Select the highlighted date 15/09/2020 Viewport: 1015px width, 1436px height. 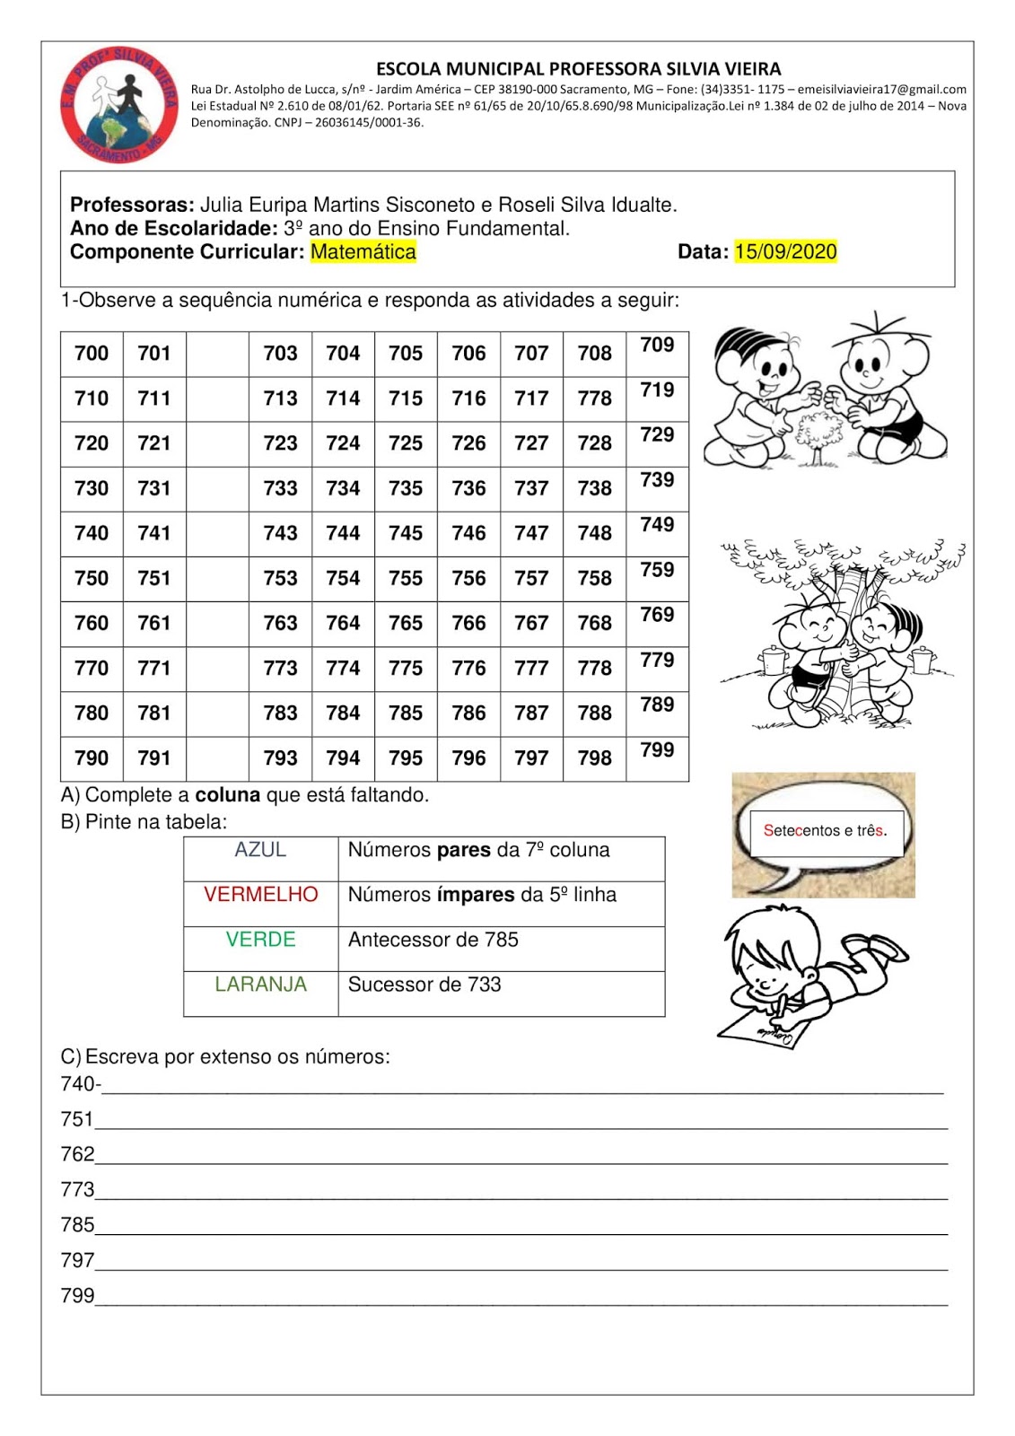785,252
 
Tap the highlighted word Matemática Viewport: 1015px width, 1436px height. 363,252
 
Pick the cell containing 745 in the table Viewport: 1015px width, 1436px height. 406,533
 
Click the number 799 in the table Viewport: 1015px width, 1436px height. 657,750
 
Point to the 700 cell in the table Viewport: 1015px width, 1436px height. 92,354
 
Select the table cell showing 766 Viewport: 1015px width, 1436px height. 468,623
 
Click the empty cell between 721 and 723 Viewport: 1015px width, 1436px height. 217,443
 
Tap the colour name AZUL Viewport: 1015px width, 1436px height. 260,850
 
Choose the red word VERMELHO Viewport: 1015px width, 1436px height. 260,895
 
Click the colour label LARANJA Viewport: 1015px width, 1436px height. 260,985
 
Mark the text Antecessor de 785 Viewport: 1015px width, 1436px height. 433,940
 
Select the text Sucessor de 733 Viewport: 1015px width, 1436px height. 424,985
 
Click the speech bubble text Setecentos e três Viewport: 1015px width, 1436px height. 825,831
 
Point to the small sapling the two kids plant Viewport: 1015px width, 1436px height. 817,435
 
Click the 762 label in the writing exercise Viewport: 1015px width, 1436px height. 77,1154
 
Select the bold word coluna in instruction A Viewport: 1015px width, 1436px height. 227,795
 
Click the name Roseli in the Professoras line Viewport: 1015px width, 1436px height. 525,206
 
